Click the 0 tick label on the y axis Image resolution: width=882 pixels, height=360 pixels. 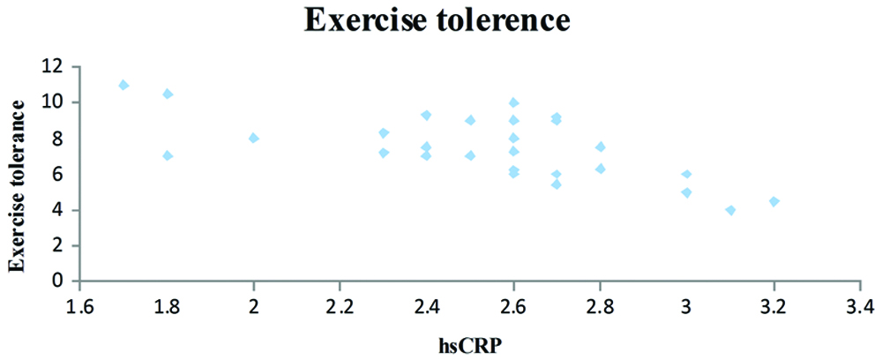(59, 281)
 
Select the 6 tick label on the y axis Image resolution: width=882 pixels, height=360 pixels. (59, 174)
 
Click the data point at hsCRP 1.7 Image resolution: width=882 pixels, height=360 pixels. (123, 85)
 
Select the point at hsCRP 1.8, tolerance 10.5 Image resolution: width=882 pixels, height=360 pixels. (168, 94)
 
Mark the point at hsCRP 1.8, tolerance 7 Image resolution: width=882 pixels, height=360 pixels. (168, 155)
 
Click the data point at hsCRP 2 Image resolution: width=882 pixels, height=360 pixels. (254, 138)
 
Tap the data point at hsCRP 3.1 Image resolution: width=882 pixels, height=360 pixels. (730, 210)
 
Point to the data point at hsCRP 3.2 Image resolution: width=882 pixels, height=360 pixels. (774, 201)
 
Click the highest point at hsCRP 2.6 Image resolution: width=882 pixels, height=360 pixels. (513, 102)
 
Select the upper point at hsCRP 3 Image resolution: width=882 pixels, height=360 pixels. (687, 174)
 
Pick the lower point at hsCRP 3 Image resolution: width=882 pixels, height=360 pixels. (687, 192)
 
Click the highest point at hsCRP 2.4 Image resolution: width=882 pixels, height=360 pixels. (427, 115)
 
